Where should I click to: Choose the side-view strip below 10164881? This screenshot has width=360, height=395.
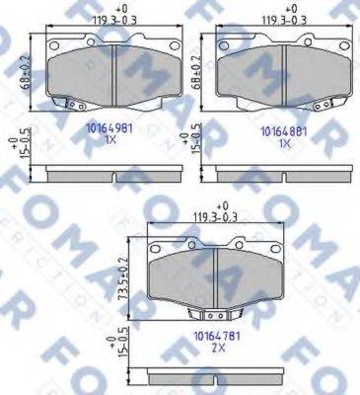coord(282,175)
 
